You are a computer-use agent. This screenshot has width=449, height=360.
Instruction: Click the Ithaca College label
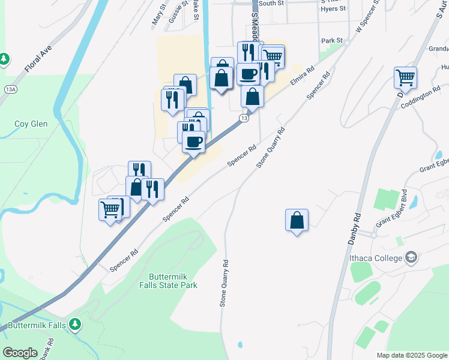(376, 259)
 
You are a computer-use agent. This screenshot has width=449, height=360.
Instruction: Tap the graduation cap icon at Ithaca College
(411, 258)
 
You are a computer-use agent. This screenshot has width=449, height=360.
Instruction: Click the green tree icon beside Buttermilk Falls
(74, 325)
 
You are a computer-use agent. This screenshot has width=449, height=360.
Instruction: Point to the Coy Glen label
(31, 124)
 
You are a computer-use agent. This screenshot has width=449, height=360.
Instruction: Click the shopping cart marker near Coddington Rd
(405, 77)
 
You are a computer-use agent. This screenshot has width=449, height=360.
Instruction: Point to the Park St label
(331, 41)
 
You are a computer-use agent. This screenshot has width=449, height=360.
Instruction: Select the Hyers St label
(333, 9)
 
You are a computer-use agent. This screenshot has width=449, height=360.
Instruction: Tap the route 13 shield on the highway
(243, 118)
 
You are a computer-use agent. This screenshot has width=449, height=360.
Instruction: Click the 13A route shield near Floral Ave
(10, 89)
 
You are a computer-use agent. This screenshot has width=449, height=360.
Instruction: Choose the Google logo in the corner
(20, 353)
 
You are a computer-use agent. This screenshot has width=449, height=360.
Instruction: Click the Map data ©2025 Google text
(412, 355)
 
